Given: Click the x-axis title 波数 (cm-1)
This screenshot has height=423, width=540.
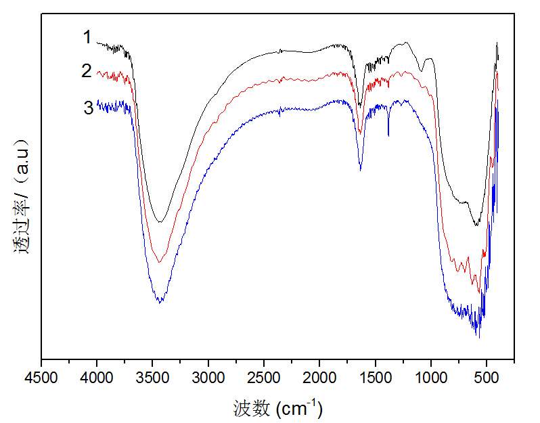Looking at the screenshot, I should coord(277,407).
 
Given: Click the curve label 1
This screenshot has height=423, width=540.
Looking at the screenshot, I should coord(87,38).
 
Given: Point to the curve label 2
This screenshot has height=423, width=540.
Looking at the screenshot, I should coord(87,70).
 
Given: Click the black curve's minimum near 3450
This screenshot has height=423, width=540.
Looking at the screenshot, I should coord(160,222).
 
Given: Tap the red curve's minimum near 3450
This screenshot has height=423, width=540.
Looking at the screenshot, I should coord(160,262).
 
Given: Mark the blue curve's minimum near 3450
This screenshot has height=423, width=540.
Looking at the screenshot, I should coord(160,303).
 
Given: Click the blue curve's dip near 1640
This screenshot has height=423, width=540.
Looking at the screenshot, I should coord(360,169).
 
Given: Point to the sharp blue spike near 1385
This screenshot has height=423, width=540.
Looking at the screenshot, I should coord(388,135).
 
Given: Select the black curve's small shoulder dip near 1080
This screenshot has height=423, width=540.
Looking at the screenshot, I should coord(422,70).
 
